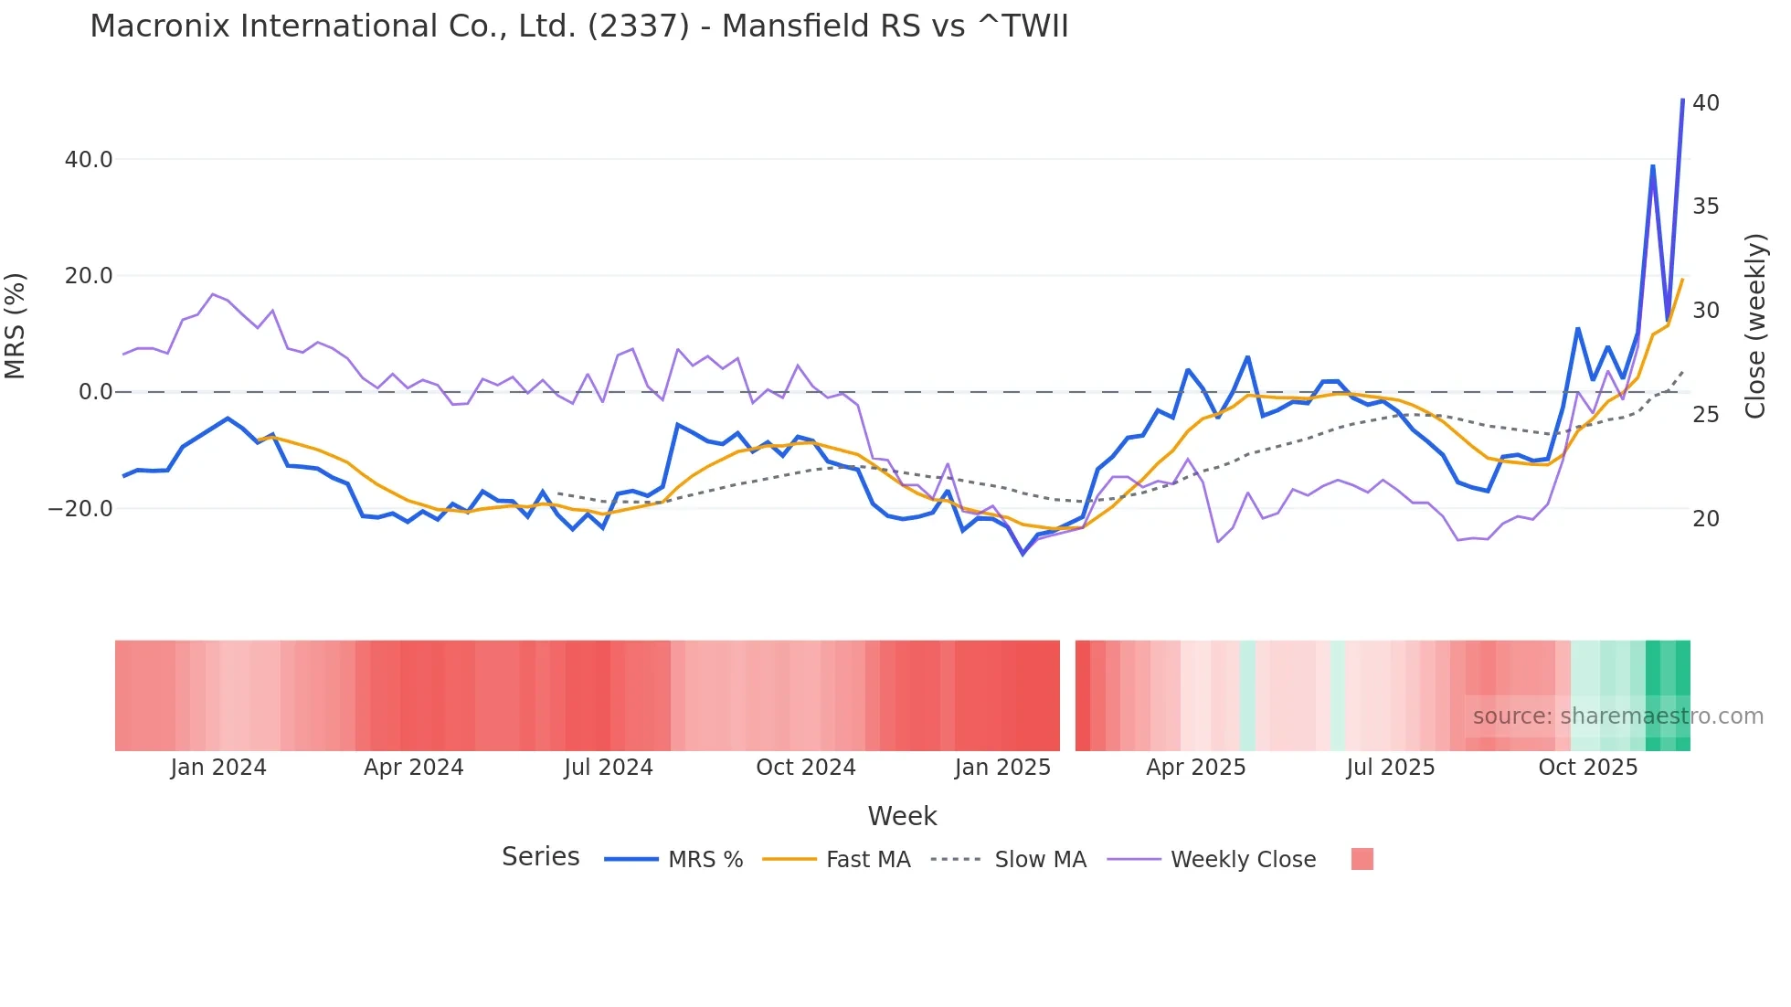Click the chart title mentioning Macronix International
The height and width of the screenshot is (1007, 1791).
578,26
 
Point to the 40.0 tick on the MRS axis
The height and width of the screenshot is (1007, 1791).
89,160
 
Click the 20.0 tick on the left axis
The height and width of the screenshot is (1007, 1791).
89,276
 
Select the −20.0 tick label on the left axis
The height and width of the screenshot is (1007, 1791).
80,509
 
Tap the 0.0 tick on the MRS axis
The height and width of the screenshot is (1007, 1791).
96,392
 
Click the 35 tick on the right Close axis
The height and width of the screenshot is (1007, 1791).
1705,207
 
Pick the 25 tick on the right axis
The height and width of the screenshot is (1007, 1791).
1705,415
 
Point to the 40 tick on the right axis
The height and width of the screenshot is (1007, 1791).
1705,103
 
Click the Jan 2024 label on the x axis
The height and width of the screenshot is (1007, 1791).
218,768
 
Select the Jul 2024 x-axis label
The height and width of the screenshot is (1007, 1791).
609,768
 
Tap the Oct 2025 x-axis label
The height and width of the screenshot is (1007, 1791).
1587,768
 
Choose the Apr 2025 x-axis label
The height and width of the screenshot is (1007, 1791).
1195,768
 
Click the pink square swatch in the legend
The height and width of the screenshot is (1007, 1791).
1362,859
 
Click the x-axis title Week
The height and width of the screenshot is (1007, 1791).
902,816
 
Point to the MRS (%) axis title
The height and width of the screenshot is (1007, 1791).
16,326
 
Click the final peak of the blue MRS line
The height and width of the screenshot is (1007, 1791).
1682,100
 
